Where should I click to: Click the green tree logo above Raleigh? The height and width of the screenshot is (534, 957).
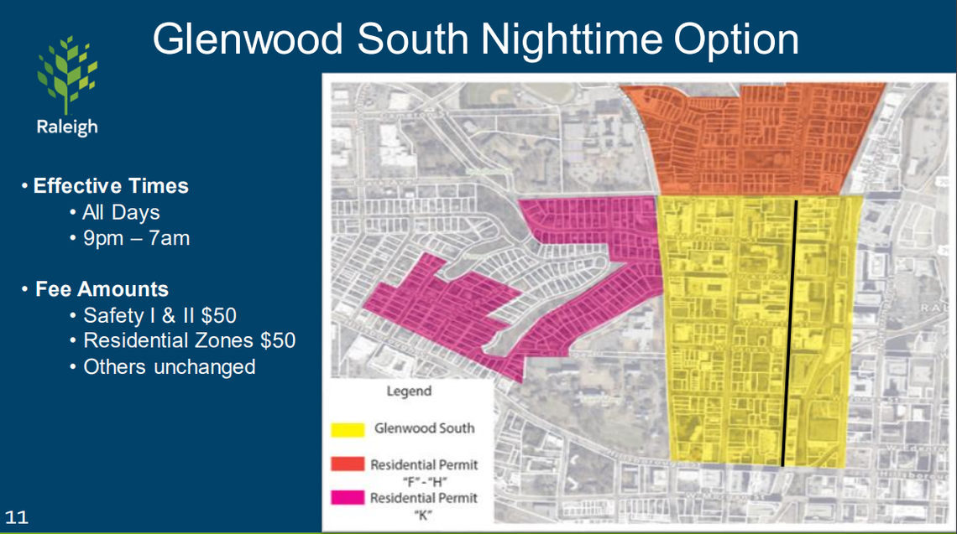click(x=66, y=75)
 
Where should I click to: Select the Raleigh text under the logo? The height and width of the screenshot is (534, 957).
click(x=66, y=127)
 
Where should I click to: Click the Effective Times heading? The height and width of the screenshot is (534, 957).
click(x=110, y=185)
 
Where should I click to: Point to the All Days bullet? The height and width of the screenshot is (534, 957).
click(x=120, y=212)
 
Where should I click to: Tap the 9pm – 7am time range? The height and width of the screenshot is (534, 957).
click(x=136, y=238)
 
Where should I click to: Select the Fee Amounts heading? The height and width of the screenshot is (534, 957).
click(x=101, y=289)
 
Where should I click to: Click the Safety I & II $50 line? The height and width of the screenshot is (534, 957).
click(x=159, y=315)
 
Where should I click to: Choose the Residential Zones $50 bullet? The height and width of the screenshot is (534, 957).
click(x=189, y=341)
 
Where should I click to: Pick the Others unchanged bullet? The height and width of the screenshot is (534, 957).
click(x=169, y=367)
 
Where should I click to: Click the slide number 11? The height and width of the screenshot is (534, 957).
click(x=16, y=517)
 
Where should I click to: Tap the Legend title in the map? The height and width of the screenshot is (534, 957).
click(x=409, y=391)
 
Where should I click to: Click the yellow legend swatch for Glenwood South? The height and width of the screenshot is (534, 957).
click(x=347, y=430)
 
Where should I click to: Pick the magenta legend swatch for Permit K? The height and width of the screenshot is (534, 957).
click(x=347, y=499)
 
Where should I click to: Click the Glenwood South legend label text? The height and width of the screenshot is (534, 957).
click(x=424, y=428)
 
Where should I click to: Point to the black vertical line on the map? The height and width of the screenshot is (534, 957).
click(x=790, y=335)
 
